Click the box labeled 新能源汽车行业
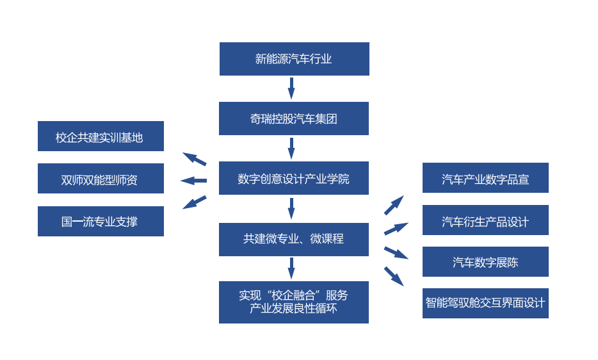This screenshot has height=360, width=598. pyautogui.click(x=294, y=59)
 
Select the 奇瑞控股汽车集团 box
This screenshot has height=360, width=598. pyautogui.click(x=293, y=119)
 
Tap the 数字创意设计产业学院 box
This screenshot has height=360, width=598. pyautogui.click(x=293, y=178)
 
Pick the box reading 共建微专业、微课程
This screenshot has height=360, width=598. pyautogui.click(x=293, y=239)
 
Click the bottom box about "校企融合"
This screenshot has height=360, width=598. pyautogui.click(x=293, y=302)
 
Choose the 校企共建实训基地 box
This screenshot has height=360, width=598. pyautogui.click(x=101, y=136)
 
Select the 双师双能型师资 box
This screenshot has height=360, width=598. pyautogui.click(x=101, y=179)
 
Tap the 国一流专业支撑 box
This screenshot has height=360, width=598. pyautogui.click(x=101, y=221)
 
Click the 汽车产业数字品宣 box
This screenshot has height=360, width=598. pyautogui.click(x=485, y=178)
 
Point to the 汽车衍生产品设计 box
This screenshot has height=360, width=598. pyautogui.click(x=485, y=220)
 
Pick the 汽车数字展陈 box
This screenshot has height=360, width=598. pyautogui.click(x=485, y=261)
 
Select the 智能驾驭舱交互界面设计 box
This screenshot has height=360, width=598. pyautogui.click(x=485, y=303)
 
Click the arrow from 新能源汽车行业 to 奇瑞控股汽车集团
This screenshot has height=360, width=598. pyautogui.click(x=291, y=88)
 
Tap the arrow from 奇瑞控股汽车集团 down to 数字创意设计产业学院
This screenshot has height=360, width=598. pyautogui.click(x=291, y=148)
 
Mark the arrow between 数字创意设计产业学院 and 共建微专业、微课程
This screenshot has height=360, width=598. pyautogui.click(x=291, y=208)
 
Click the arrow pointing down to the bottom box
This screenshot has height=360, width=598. pyautogui.click(x=291, y=268)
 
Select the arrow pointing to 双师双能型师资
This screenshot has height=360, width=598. pyautogui.click(x=193, y=181)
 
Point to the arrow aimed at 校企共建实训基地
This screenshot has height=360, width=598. pyautogui.click(x=195, y=159)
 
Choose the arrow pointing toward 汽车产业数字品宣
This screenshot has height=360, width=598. pyautogui.click(x=394, y=205)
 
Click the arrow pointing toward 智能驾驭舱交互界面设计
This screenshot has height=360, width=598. pyautogui.click(x=394, y=276)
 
